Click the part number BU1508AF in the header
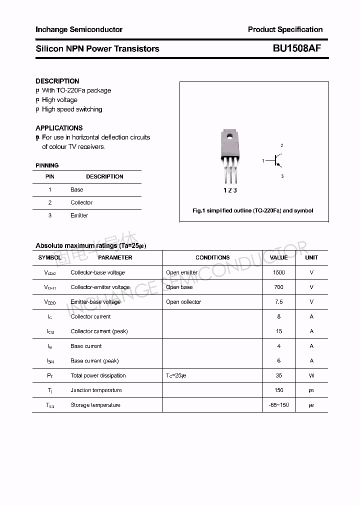tap(296, 48)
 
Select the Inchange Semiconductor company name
tap(79, 29)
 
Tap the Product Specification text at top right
tap(285, 29)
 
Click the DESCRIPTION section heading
tap(57, 81)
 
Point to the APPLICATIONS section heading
tap(59, 128)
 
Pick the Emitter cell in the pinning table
tap(79, 215)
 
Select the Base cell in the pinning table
tap(77, 189)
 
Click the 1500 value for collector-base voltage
tap(278, 272)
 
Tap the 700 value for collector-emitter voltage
tap(278, 287)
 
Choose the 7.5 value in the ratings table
tap(278, 302)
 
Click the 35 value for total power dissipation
tap(278, 375)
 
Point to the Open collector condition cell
tap(183, 302)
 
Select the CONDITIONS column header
tap(212, 257)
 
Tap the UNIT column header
tap(311, 257)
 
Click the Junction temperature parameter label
tap(96, 390)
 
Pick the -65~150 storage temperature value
tap(278, 405)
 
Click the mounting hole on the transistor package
tap(230, 134)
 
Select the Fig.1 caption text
tap(253, 210)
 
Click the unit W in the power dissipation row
tap(311, 375)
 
